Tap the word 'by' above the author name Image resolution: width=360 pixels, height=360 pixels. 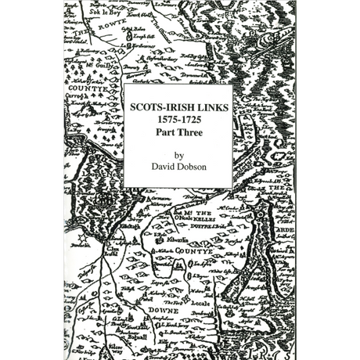pyautogui.click(x=178, y=155)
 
